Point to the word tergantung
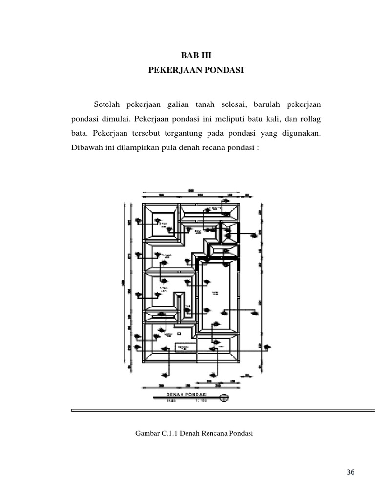pyautogui.click(x=182, y=133)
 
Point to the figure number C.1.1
pyautogui.click(x=168, y=433)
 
